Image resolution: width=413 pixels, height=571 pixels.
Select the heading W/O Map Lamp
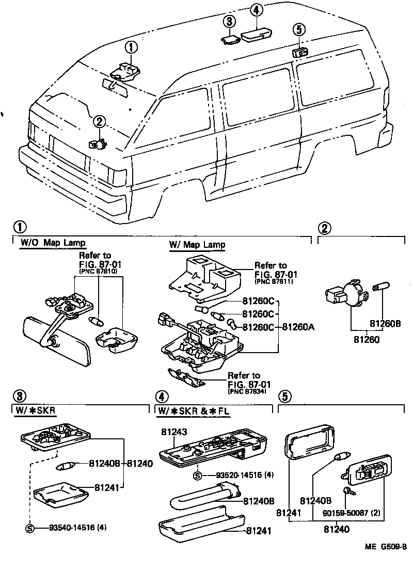(x=53, y=242)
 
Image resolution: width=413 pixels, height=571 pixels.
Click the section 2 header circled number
(x=324, y=228)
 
